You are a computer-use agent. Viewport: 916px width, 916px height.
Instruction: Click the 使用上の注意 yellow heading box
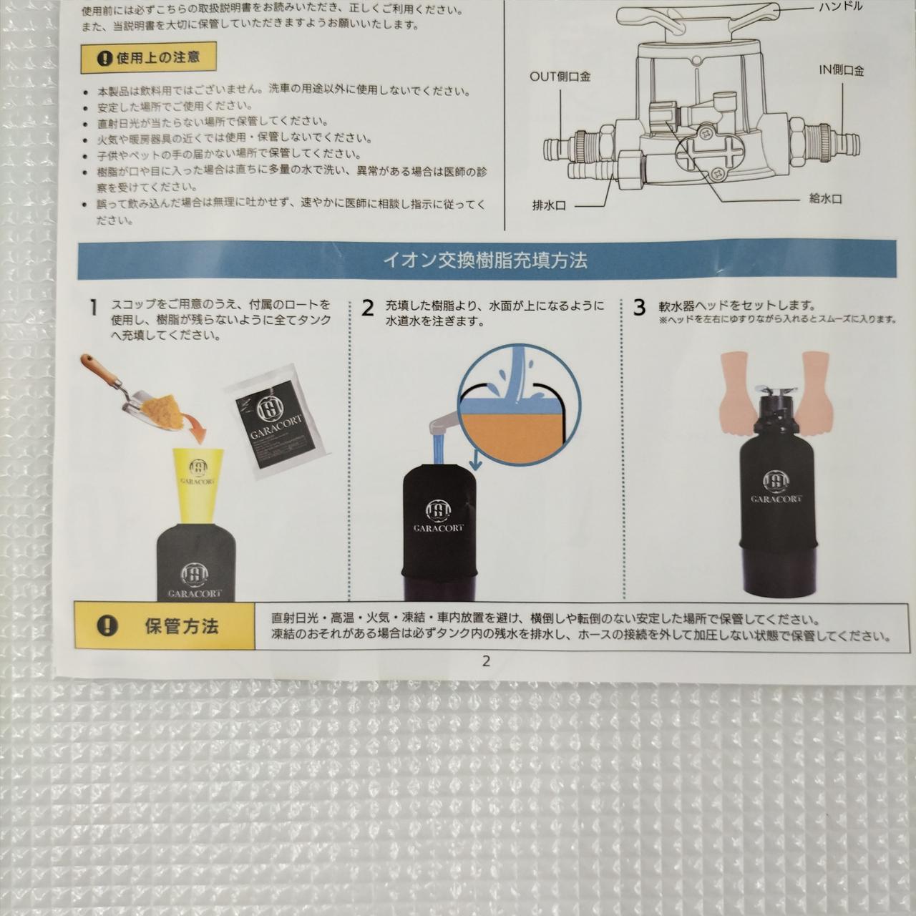(148, 58)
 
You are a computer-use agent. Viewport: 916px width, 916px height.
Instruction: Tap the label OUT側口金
(560, 76)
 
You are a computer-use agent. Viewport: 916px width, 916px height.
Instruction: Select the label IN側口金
(841, 71)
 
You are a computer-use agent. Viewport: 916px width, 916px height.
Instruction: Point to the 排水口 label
(549, 206)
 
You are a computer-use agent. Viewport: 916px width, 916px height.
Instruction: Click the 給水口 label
(826, 199)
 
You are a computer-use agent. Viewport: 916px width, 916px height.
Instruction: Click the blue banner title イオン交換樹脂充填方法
(485, 260)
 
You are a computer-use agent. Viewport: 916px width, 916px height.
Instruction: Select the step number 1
(94, 308)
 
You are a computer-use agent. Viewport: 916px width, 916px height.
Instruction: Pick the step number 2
(368, 308)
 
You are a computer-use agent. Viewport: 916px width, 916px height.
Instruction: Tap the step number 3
(640, 308)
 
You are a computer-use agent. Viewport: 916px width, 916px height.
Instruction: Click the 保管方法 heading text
(182, 627)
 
